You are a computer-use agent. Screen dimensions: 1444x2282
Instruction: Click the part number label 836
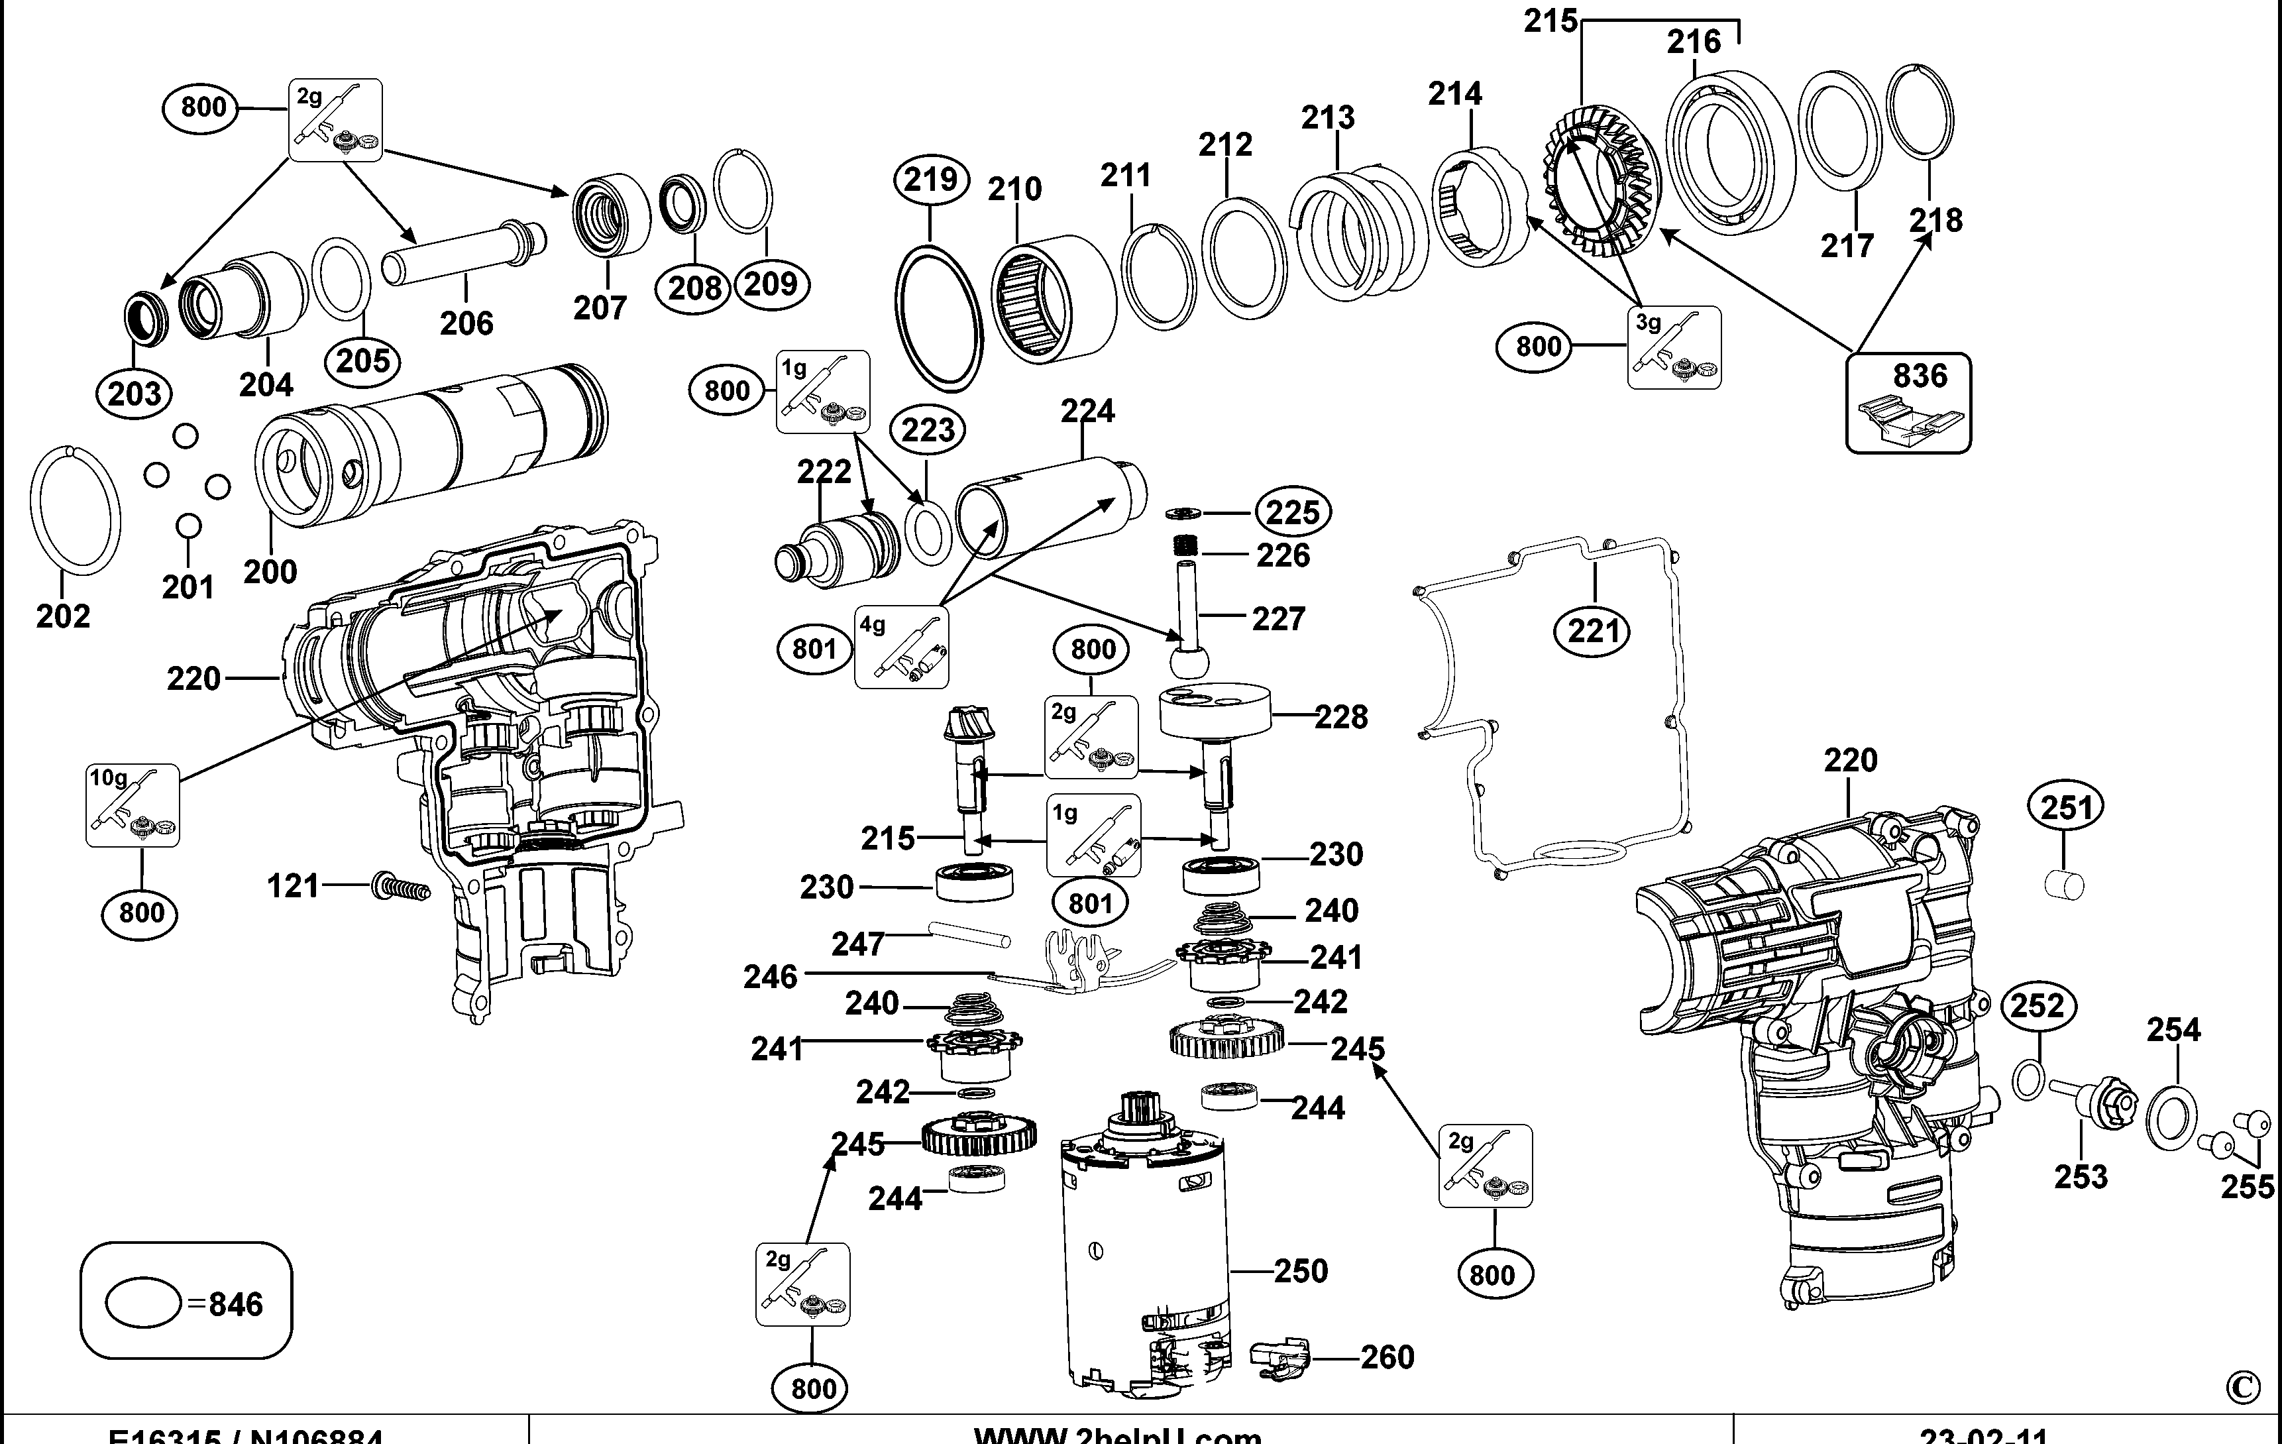[1920, 376]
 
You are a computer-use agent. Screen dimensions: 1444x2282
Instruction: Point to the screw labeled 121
[401, 887]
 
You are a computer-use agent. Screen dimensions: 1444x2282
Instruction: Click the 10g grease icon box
[133, 805]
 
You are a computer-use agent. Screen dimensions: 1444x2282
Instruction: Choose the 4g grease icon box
[901, 647]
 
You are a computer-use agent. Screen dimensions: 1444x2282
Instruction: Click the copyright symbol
[2242, 1388]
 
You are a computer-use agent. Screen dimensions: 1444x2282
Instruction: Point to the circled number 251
[2066, 807]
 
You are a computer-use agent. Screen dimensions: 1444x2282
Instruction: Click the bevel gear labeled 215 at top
[1602, 180]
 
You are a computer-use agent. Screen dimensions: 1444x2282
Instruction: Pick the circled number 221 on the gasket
[1593, 631]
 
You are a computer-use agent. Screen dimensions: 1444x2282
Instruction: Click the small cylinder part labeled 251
[2064, 886]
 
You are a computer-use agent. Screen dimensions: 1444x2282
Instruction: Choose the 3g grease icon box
[1674, 348]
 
